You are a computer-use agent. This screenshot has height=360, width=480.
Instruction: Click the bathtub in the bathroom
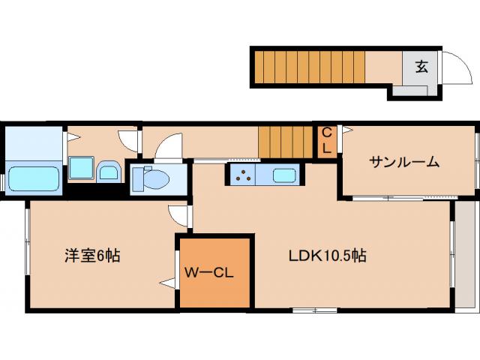[33, 178]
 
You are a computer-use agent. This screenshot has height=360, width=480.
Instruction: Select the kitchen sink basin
[284, 176]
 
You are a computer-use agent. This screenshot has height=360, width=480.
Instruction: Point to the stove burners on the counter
[244, 176]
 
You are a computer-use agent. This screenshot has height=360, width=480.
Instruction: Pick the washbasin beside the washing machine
[108, 172]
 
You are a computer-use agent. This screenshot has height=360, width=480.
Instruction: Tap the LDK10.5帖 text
[328, 256]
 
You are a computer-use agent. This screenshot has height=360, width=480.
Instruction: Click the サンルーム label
[403, 162]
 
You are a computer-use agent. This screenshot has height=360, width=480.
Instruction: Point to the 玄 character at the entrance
[421, 67]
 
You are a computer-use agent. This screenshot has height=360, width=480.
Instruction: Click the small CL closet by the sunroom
[327, 141]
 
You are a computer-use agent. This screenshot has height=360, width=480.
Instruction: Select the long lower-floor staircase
[307, 65]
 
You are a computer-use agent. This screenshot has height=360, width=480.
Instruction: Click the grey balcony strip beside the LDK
[466, 255]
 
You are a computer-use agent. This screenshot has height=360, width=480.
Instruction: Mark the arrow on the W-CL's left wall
[166, 282]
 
